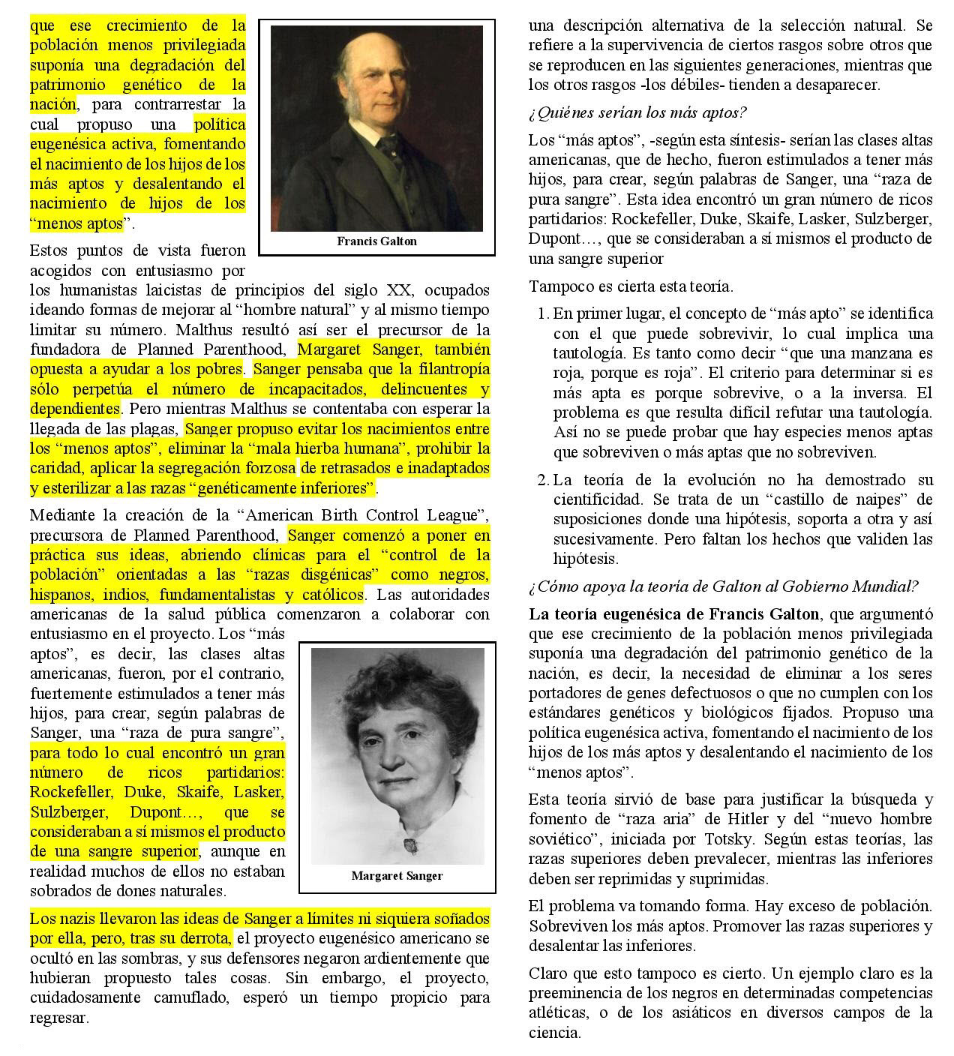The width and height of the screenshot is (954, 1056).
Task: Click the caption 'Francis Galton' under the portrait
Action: [x=376, y=241]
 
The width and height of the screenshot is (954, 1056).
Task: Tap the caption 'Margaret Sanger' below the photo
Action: [x=397, y=876]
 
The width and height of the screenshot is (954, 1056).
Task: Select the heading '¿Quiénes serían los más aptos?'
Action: [x=637, y=112]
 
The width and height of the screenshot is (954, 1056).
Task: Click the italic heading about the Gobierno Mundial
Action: [x=723, y=586]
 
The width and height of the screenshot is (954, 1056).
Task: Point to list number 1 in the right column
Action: [x=543, y=313]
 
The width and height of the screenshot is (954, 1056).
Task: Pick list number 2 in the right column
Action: [x=543, y=480]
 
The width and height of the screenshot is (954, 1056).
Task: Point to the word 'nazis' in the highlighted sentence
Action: [x=77, y=919]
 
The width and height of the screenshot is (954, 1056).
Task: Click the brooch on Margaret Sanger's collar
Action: [x=412, y=845]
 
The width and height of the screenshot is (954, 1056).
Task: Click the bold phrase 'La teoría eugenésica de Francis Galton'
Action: [x=673, y=613]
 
